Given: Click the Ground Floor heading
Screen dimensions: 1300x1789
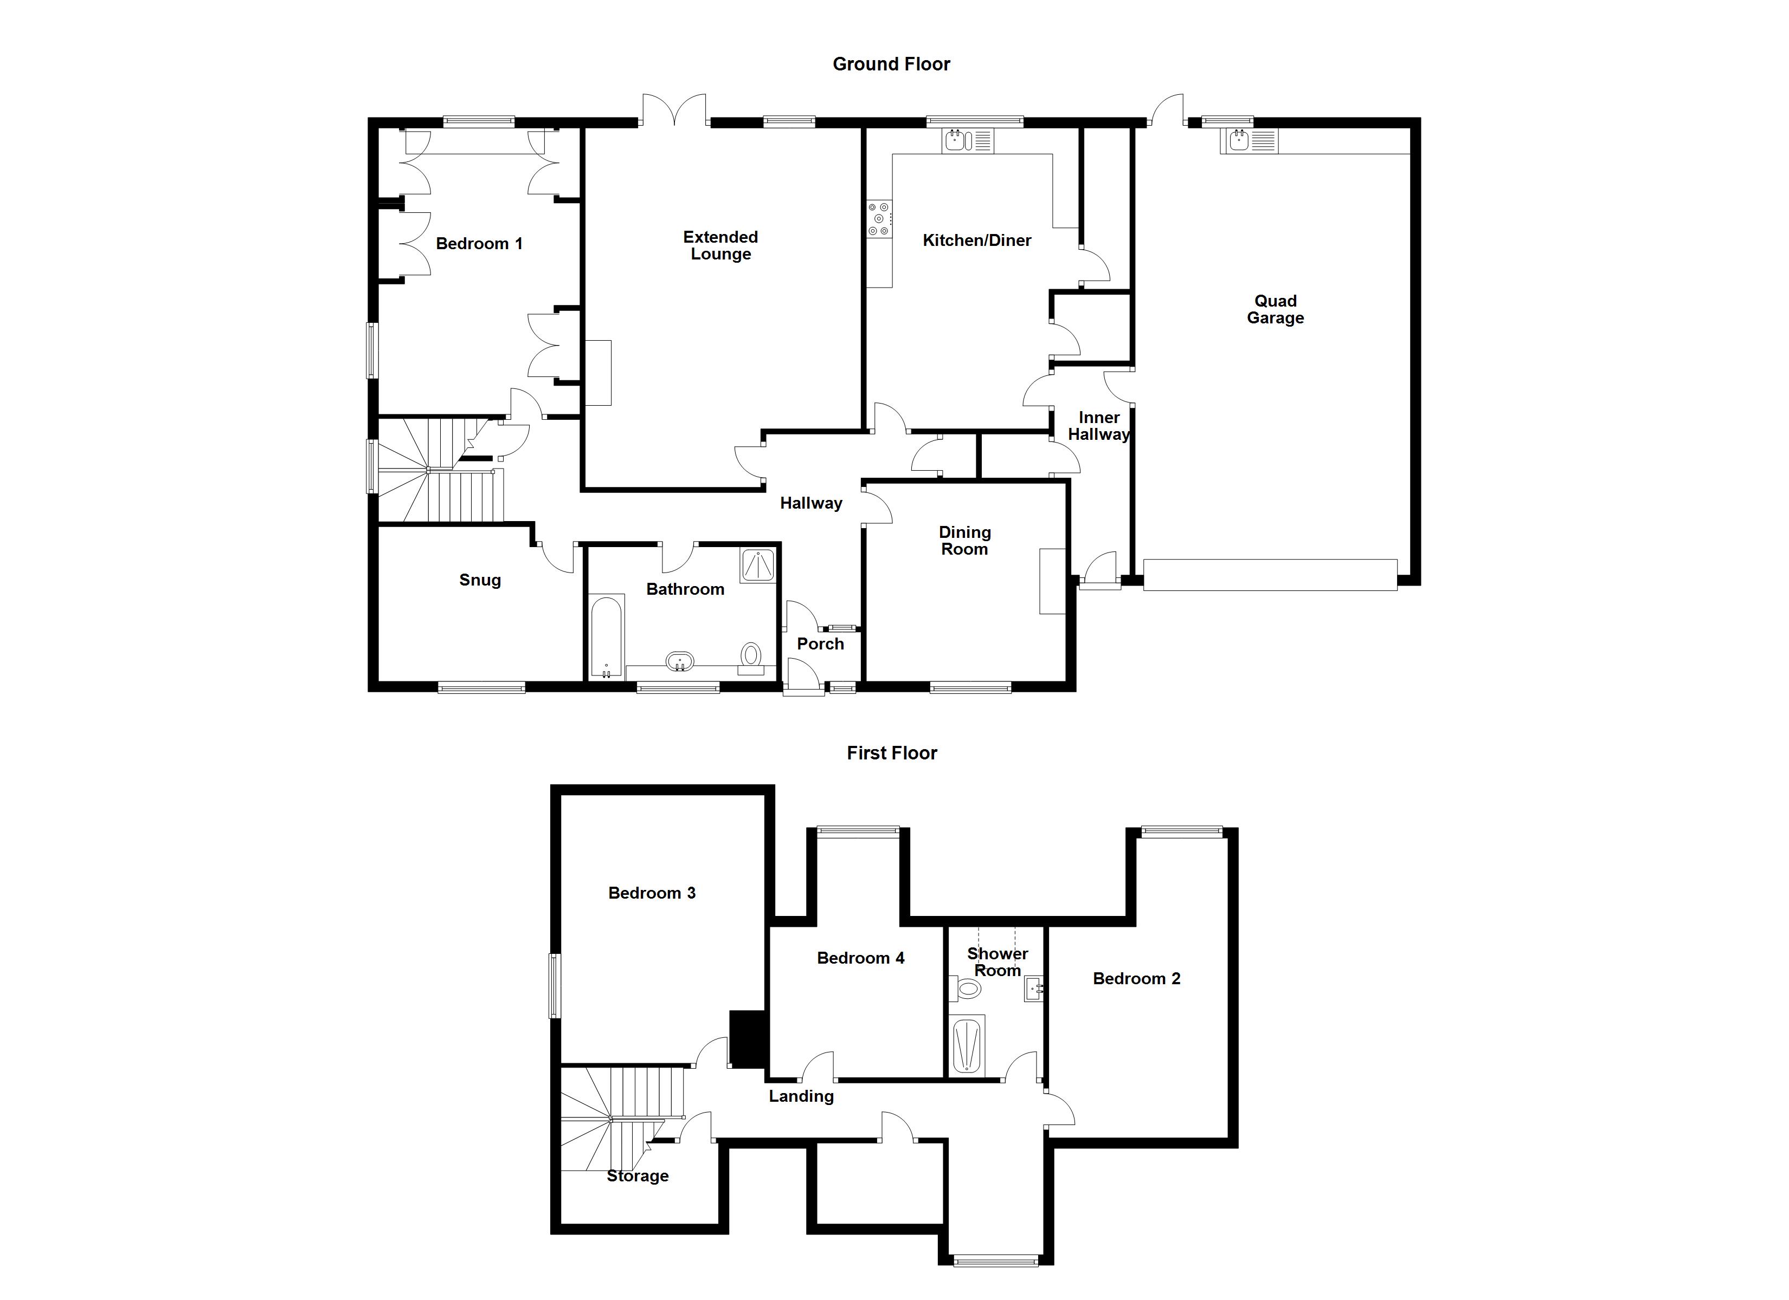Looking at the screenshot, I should (x=891, y=64).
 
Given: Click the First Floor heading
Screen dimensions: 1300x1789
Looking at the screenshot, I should (x=891, y=753).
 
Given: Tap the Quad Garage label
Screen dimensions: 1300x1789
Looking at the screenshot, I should (x=1275, y=309).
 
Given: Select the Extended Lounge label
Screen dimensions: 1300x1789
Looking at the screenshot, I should (x=720, y=245).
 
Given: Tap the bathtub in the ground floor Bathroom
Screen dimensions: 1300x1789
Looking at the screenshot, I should (x=606, y=637).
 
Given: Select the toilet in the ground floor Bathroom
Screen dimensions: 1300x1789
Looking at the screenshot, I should (x=751, y=656).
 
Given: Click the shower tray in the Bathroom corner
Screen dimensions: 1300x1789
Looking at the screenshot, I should (x=757, y=565).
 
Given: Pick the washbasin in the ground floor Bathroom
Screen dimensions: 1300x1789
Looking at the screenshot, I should (x=680, y=661).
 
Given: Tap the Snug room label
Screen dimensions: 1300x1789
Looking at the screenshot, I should (x=480, y=580).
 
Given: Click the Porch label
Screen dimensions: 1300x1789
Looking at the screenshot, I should (x=820, y=644).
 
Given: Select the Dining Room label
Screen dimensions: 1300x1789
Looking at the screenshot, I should (x=964, y=541).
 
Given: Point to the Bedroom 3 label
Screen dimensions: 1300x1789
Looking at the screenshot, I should (x=652, y=893).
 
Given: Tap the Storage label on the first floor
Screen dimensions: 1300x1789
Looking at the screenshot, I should (x=638, y=1175).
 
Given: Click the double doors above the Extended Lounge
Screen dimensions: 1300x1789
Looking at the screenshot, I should (x=674, y=110).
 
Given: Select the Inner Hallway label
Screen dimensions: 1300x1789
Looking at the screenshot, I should (x=1098, y=426).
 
